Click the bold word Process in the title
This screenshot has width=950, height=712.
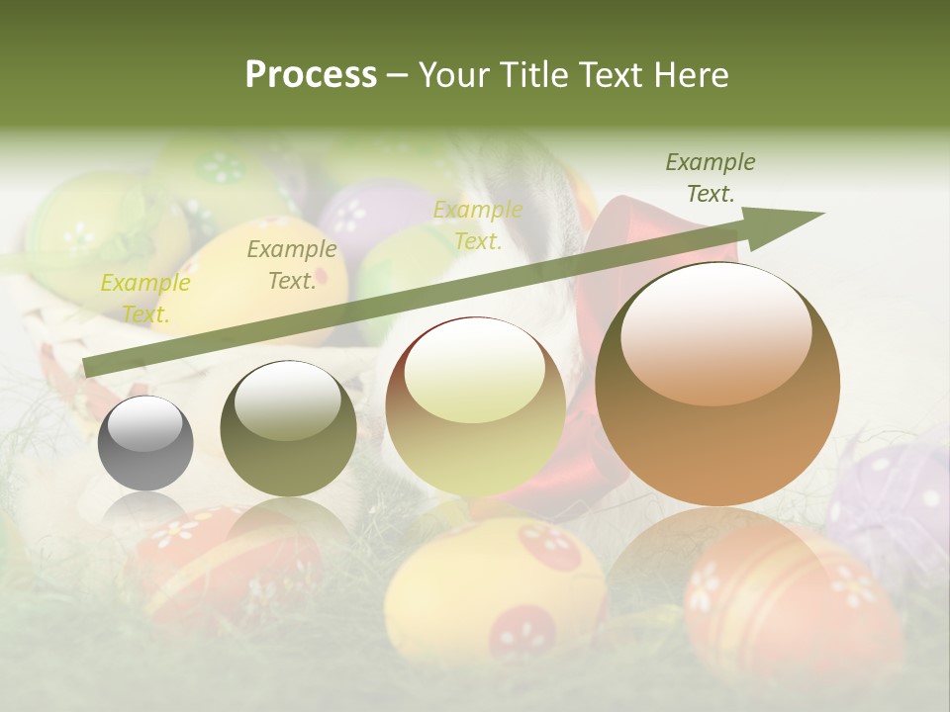point(311,75)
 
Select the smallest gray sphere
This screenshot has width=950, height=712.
point(145,444)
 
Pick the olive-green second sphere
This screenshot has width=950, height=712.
point(288,429)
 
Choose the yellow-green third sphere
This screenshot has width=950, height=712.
point(475,406)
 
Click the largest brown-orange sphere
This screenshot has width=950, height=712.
point(717,385)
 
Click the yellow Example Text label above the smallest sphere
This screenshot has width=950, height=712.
point(145,299)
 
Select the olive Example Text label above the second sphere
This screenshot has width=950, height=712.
point(292,265)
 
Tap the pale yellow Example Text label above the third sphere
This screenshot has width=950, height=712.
point(478,225)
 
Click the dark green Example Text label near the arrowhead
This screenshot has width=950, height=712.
point(711,178)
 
